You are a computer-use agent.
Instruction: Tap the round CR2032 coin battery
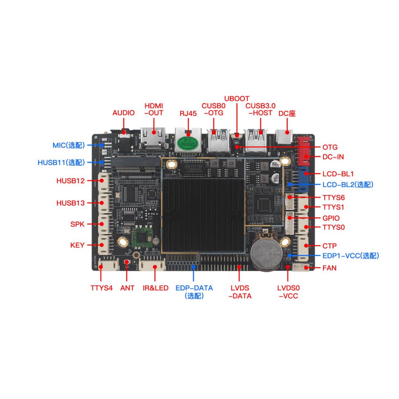(264, 252)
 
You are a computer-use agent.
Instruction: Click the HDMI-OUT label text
(154, 109)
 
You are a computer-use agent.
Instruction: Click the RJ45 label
(188, 114)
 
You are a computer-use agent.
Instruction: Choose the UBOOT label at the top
(237, 99)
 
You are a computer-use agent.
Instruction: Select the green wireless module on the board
(143, 237)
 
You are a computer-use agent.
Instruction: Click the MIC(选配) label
(68, 145)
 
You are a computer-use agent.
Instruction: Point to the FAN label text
(329, 268)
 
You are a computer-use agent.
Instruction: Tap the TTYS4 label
(101, 288)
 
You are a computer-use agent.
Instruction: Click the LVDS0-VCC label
(288, 292)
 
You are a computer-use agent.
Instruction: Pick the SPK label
(77, 224)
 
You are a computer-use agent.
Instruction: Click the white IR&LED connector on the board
(152, 266)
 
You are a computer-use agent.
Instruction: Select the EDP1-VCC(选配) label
(351, 256)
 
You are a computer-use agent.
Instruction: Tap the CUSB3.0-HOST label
(260, 109)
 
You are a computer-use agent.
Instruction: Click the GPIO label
(331, 218)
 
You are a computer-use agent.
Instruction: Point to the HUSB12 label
(71, 181)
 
